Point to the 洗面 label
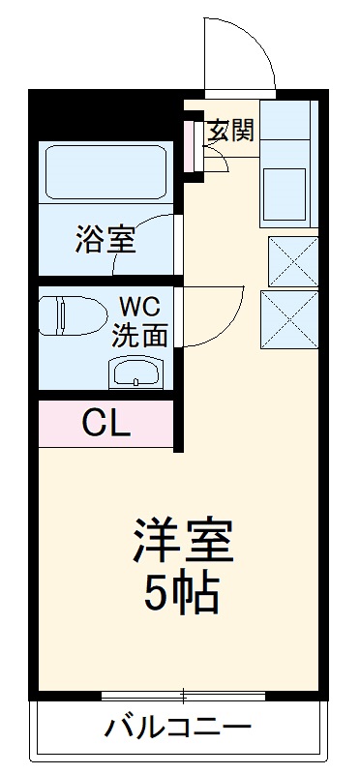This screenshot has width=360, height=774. point(140,335)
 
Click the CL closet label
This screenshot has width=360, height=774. point(105,423)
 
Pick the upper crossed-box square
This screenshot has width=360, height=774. point(292,260)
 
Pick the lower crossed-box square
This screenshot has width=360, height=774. point(292,318)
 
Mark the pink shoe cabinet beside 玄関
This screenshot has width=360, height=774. point(192,143)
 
